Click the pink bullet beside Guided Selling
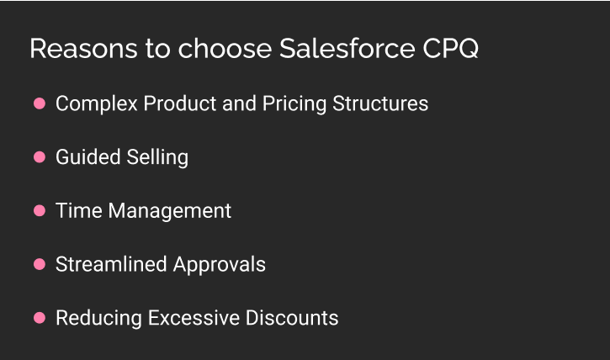pyautogui.click(x=39, y=157)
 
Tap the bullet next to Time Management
pyautogui.click(x=39, y=211)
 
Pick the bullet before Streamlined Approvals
pyautogui.click(x=39, y=265)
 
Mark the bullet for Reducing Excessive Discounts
pyautogui.click(x=39, y=319)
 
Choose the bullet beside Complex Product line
pyautogui.click(x=39, y=103)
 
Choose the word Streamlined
pyautogui.click(x=112, y=265)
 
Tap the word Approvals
pyautogui.click(x=220, y=265)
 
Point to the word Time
pyautogui.click(x=76, y=211)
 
